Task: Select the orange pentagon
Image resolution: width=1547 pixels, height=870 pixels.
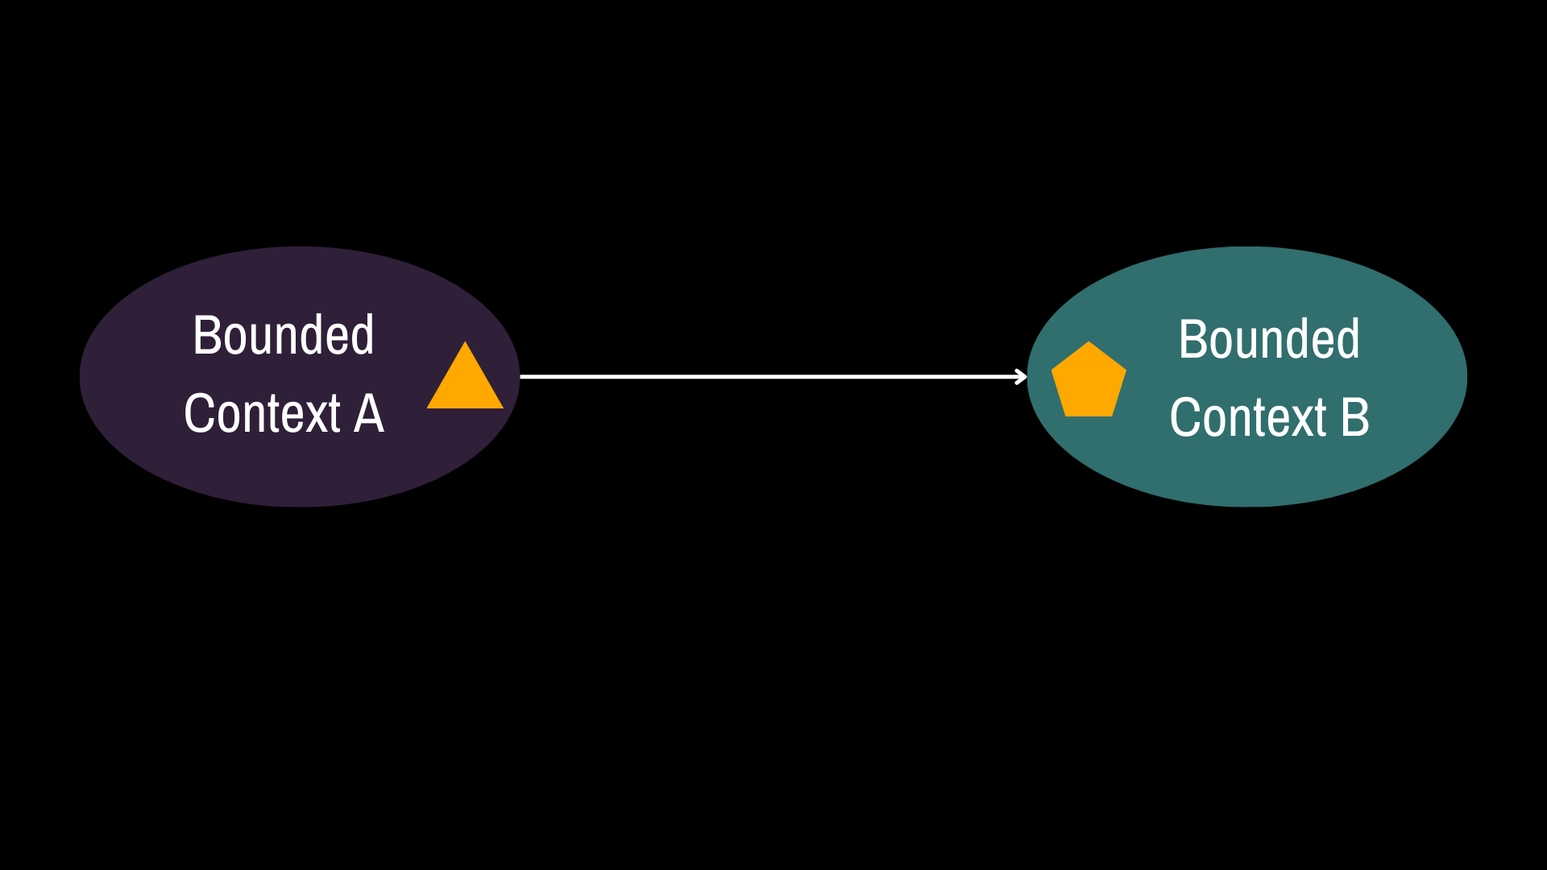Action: pos(1089,382)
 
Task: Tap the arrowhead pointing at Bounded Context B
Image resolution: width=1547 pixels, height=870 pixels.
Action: pos(1022,376)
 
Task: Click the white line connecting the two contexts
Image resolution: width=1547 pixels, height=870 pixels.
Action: pos(773,376)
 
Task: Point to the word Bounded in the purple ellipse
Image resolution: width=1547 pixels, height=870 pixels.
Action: pos(284,335)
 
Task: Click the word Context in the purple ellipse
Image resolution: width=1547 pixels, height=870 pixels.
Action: pos(263,414)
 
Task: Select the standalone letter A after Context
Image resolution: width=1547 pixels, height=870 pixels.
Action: pos(369,414)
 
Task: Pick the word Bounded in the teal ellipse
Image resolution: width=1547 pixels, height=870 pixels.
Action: pos(1269,339)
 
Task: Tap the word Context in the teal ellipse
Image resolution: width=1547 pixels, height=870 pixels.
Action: pos(1248,418)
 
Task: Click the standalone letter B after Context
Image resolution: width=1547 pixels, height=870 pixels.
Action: pos(1355,418)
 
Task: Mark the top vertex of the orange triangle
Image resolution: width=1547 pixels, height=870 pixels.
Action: pos(465,342)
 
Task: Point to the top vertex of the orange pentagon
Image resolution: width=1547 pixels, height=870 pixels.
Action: pos(1089,342)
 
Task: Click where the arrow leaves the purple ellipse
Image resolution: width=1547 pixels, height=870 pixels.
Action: pos(521,376)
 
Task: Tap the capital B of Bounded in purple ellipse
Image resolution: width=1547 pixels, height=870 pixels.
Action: pos(207,335)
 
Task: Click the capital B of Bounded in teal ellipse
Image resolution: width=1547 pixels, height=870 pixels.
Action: pos(1192,339)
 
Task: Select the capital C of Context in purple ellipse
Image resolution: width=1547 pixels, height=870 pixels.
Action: pos(198,414)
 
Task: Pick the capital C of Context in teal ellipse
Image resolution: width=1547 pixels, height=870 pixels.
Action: pos(1184,418)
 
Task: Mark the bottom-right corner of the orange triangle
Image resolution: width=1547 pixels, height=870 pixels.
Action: pos(504,408)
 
